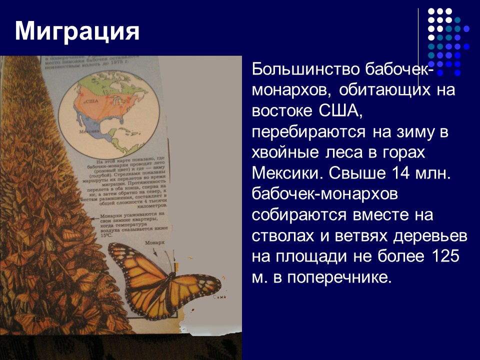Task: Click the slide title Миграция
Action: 77,31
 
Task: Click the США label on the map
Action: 90,100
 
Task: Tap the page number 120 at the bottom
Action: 39,318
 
